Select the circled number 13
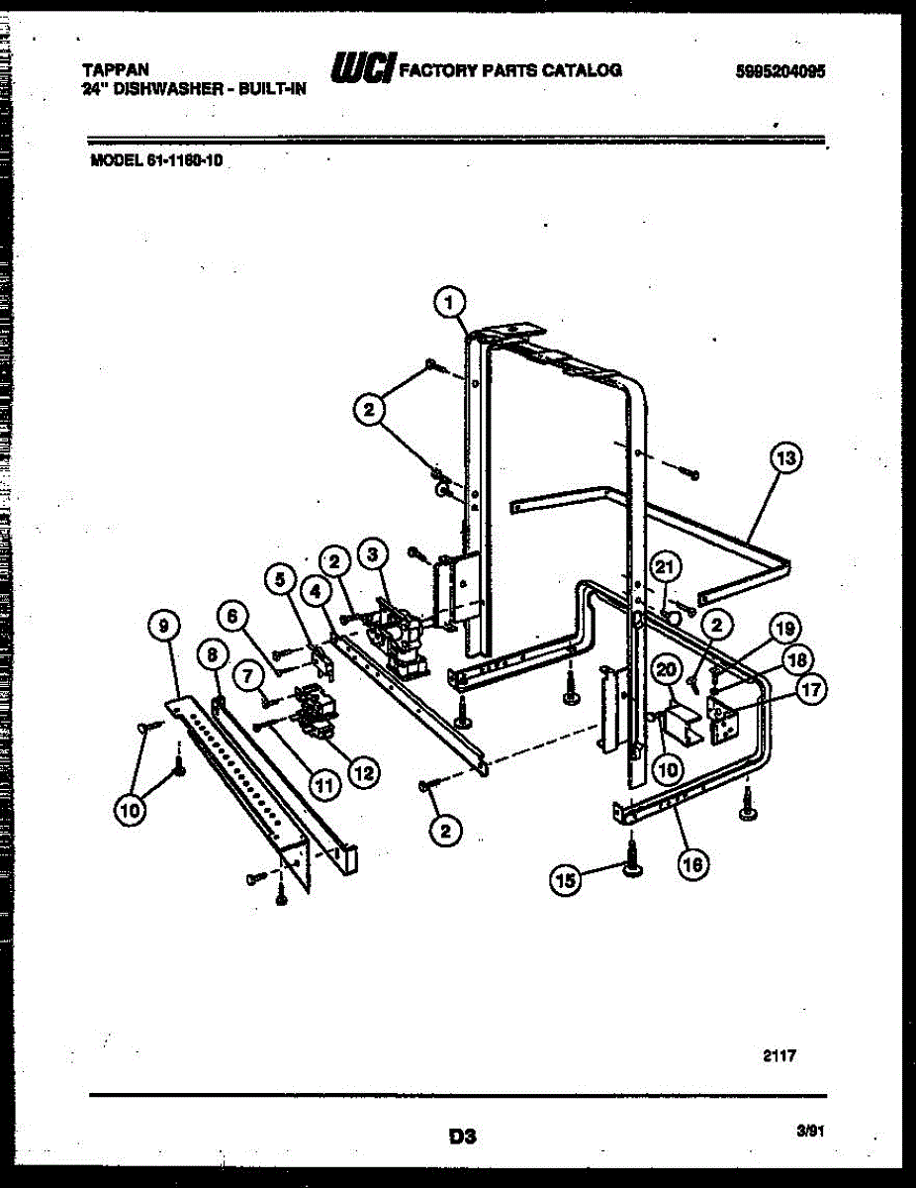point(785,458)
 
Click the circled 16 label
point(692,864)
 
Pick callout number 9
point(163,624)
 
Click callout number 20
point(666,670)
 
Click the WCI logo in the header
point(365,68)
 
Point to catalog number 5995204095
point(780,71)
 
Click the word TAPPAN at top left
point(115,69)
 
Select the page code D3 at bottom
point(462,1137)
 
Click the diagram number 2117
point(779,1055)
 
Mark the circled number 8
point(211,653)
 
